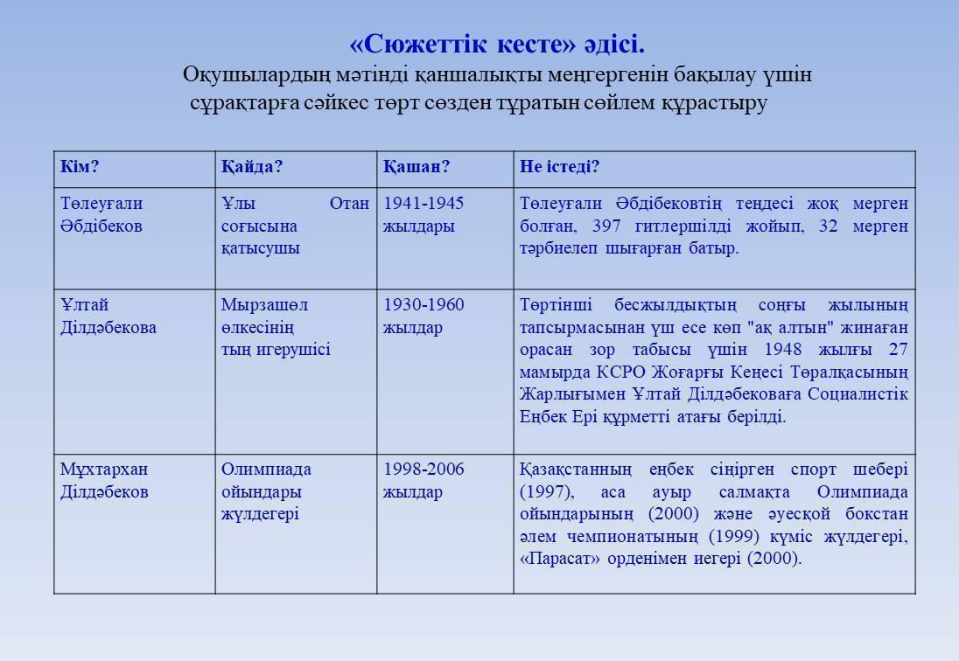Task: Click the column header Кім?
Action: point(80,167)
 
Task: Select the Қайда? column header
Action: point(252,167)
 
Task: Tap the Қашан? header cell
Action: point(416,167)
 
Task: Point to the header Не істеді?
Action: point(560,167)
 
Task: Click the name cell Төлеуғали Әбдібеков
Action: point(101,214)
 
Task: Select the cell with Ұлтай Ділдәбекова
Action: point(108,316)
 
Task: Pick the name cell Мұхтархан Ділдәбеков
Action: point(104,480)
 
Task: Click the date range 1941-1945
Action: point(423,204)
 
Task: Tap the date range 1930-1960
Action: point(423,305)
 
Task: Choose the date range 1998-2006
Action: point(423,470)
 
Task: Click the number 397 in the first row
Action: point(606,226)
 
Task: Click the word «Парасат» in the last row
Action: point(554,559)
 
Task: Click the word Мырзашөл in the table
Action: point(264,305)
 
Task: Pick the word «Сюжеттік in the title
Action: point(411,44)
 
